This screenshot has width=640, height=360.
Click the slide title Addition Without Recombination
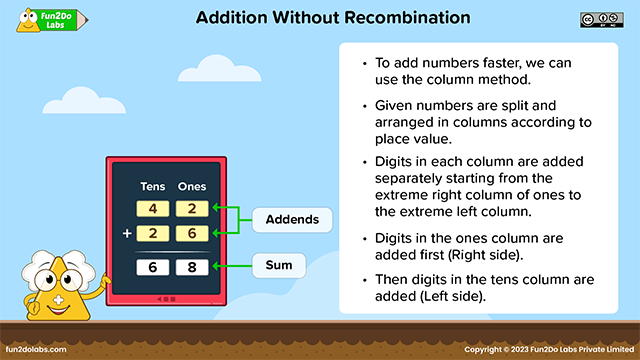point(319,18)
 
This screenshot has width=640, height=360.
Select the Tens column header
point(152,187)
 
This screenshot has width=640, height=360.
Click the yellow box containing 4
point(153,209)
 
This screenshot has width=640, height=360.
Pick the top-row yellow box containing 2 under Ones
point(192,209)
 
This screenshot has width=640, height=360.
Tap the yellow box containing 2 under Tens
point(153,233)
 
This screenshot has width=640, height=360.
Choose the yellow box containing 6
point(192,233)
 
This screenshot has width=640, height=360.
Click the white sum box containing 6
point(153,267)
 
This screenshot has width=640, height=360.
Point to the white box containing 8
point(192,267)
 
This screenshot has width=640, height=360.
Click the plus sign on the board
point(126,233)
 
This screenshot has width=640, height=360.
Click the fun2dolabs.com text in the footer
point(36,349)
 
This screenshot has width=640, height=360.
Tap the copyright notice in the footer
point(550,349)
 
